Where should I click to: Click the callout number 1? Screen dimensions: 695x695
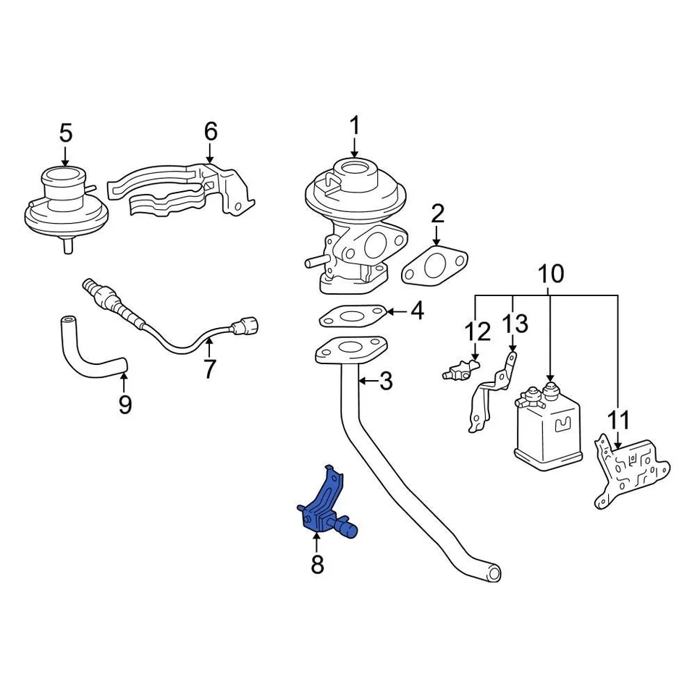[x=355, y=126]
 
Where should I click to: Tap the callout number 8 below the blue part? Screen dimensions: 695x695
[x=317, y=564]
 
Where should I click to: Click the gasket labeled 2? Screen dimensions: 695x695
[x=434, y=264]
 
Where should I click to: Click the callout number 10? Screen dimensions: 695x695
[x=550, y=274]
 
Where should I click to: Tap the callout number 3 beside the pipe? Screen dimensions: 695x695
[x=386, y=381]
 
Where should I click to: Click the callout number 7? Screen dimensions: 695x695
[x=209, y=369]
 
